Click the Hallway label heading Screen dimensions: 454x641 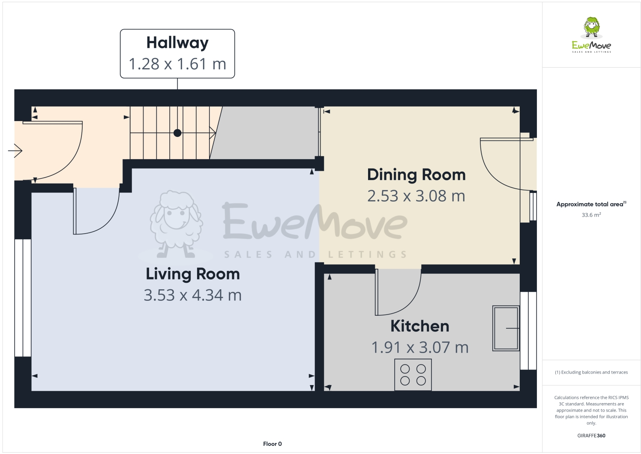coord(177,43)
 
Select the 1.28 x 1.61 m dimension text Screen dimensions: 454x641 coord(177,64)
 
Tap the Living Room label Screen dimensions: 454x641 coord(193,274)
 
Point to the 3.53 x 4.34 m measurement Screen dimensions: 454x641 coord(193,295)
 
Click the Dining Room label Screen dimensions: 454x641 coord(416,175)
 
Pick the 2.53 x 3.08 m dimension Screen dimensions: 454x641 coord(416,196)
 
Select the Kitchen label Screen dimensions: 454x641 coord(419,326)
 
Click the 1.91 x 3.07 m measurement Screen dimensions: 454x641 coord(419,347)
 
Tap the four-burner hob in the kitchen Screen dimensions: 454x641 coord(413,375)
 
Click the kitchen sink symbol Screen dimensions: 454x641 coord(506,328)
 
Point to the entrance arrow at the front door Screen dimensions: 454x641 coord(15,151)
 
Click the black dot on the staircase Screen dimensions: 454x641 coord(177,133)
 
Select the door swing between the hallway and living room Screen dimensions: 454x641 coord(96,212)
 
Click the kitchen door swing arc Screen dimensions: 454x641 coord(398,293)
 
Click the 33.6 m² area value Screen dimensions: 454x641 coord(591,215)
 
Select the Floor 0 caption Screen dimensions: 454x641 coord(273,444)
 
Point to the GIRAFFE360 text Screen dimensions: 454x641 coord(591,436)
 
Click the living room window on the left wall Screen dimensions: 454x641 coord(23,298)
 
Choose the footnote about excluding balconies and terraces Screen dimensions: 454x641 coord(591,372)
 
